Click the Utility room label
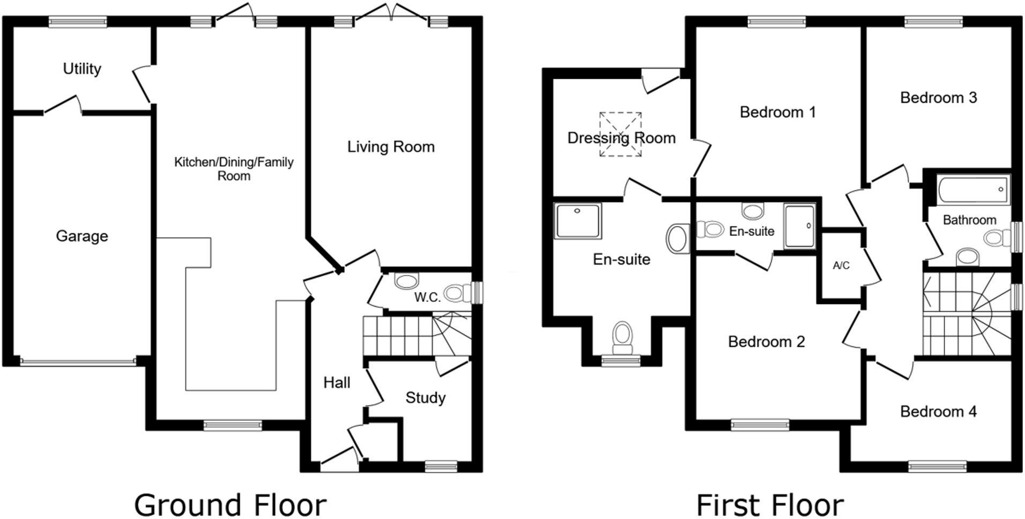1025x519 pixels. pyautogui.click(x=82, y=69)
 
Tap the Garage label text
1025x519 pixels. pyautogui.click(x=82, y=236)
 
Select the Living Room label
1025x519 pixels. pyautogui.click(x=391, y=147)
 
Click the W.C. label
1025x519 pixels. pyautogui.click(x=427, y=298)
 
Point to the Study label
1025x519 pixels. pyautogui.click(x=425, y=398)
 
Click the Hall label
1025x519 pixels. pyautogui.click(x=337, y=382)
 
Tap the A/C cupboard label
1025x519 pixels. pyautogui.click(x=841, y=265)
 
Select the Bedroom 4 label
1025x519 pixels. pyautogui.click(x=938, y=411)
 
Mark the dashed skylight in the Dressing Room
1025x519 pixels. pyautogui.click(x=620, y=134)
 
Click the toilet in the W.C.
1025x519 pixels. pyautogui.click(x=456, y=293)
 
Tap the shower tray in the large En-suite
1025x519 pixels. pyautogui.click(x=578, y=220)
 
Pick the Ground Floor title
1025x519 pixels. pyautogui.click(x=230, y=505)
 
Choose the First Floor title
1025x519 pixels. pyautogui.click(x=770, y=505)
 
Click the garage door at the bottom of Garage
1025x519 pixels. pyautogui.click(x=78, y=362)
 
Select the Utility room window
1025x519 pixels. pyautogui.click(x=78, y=22)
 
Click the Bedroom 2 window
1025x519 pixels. pyautogui.click(x=760, y=425)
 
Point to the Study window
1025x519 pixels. pyautogui.click(x=441, y=466)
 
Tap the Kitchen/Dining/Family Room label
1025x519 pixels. pyautogui.click(x=234, y=169)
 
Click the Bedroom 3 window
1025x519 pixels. pyautogui.click(x=933, y=22)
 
